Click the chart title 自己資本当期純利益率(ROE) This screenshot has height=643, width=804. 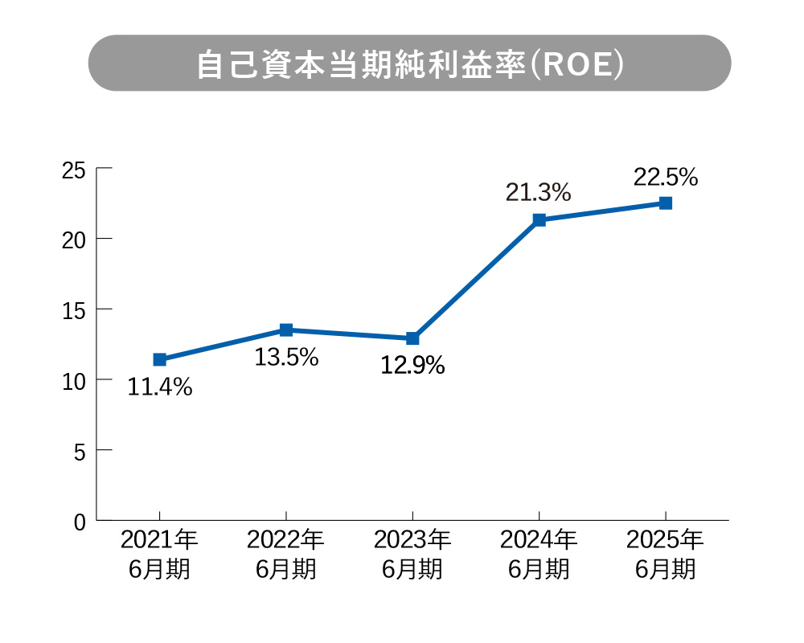tap(409, 63)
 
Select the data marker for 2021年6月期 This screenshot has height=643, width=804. tap(159, 359)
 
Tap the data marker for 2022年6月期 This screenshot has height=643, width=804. tap(286, 330)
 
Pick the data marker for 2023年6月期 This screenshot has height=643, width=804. tap(412, 338)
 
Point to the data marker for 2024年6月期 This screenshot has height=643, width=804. tap(539, 219)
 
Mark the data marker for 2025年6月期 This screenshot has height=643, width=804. tap(666, 203)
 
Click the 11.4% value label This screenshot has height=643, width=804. tap(160, 387)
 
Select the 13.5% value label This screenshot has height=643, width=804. tap(286, 358)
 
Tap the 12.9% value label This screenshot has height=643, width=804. tap(412, 366)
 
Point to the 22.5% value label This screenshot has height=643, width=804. tap(666, 177)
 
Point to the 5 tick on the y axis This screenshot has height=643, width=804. tap(80, 450)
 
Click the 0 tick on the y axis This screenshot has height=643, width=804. tap(80, 521)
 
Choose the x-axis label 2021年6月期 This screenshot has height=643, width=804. tap(159, 554)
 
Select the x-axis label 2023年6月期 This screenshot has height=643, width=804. tap(412, 554)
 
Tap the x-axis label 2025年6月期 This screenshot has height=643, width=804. tap(666, 554)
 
